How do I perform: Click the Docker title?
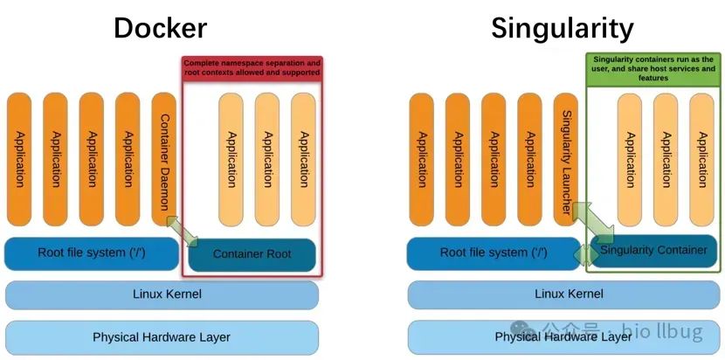pos(160,28)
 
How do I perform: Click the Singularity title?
pos(562,28)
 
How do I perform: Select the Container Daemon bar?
pos(163,160)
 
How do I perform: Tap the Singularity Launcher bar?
pos(566,160)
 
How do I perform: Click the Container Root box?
pos(252,253)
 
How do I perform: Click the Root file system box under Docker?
pos(92,253)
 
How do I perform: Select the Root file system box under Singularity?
pos(494,253)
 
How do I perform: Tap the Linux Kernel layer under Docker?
pos(162,294)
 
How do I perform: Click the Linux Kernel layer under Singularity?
pos(563,294)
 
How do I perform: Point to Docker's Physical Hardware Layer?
pos(162,336)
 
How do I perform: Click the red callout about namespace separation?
pos(252,68)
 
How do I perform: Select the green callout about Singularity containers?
pos(653,67)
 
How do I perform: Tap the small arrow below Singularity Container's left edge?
pos(583,253)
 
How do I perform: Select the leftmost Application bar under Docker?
pos(19,160)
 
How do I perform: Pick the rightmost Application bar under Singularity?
pos(701,142)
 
